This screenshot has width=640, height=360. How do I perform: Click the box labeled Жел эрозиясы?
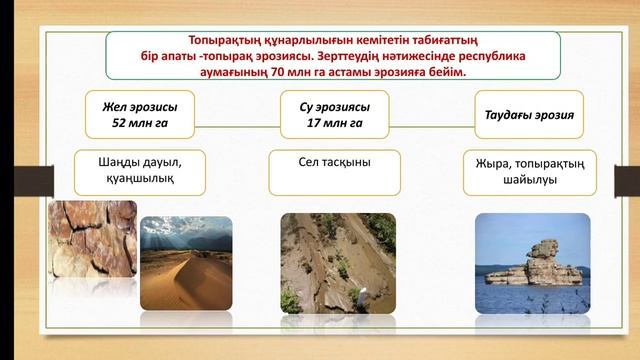tap(132, 114)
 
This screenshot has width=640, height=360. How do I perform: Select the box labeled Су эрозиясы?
tap(334, 114)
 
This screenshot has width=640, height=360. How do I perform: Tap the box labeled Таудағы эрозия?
tap(535, 115)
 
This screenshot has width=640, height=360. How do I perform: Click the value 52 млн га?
tap(132, 124)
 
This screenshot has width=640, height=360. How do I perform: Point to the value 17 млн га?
tap(334, 124)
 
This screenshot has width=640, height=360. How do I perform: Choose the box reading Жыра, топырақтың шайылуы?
tap(536, 171)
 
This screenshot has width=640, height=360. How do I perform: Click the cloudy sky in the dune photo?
tap(185, 232)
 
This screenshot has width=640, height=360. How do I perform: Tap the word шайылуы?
tap(536, 180)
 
